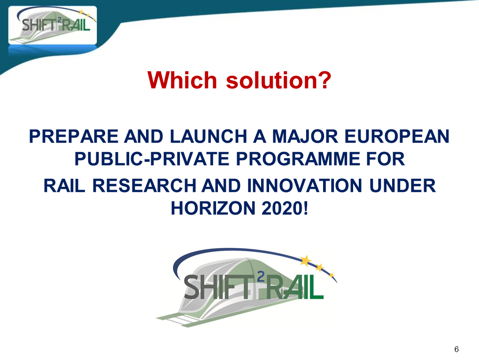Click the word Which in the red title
(182, 80)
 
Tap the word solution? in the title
(278, 80)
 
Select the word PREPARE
(74, 136)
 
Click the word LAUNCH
(209, 136)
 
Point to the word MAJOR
(305, 136)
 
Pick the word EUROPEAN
(397, 136)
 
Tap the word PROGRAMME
(298, 159)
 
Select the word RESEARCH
(144, 186)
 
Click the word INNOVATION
(305, 186)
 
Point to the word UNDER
(402, 186)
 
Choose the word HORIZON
(213, 208)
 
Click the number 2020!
(285, 208)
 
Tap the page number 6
(456, 349)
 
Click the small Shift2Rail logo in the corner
(53, 25)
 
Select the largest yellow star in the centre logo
(305, 261)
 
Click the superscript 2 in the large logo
(261, 277)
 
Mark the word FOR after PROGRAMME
(386, 159)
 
